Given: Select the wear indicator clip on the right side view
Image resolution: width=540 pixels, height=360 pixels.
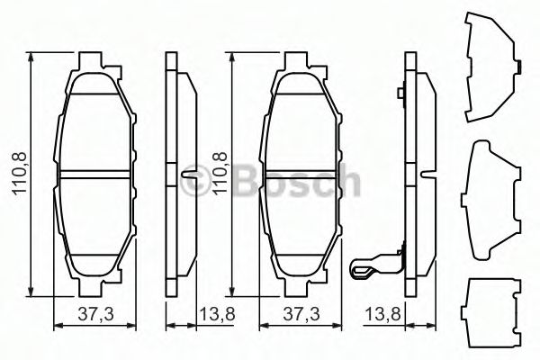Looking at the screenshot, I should coord(370,266).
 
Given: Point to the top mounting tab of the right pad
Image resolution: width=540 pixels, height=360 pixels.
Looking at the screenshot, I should coord(297,64).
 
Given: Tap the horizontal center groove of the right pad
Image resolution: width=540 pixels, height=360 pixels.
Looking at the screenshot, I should coord(297,173).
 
